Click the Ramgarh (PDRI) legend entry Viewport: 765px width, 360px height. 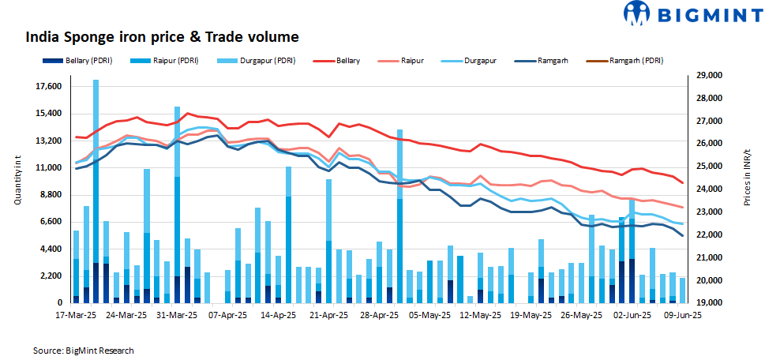click(x=631, y=60)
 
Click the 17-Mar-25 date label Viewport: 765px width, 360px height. click(x=76, y=315)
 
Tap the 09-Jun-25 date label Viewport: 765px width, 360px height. click(x=681, y=315)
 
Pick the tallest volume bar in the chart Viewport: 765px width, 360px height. click(x=96, y=189)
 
